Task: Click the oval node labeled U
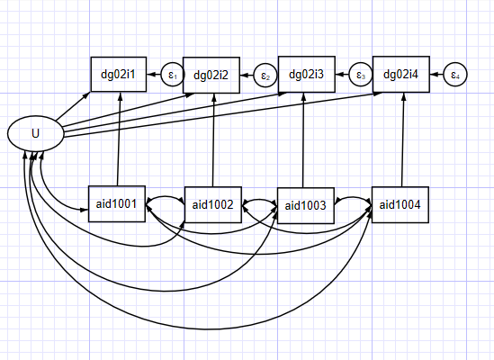point(36,133)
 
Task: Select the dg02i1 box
point(119,75)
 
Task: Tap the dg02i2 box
point(211,76)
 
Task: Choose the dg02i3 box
point(306,75)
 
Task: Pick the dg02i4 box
point(400,75)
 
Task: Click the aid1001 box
point(117,204)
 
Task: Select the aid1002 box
point(213,205)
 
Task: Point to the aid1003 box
point(306,205)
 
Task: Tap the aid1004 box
point(400,205)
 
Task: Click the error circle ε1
point(173,75)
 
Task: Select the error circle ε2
point(265,76)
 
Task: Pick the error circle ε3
point(361,75)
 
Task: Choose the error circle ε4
point(455,75)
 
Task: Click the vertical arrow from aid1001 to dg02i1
point(119,139)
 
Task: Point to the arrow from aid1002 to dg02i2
point(213,140)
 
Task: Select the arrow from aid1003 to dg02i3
point(303,140)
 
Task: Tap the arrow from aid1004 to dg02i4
point(402,139)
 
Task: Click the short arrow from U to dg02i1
point(73,106)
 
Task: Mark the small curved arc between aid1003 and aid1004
point(353,198)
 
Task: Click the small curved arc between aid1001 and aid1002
point(165,198)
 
